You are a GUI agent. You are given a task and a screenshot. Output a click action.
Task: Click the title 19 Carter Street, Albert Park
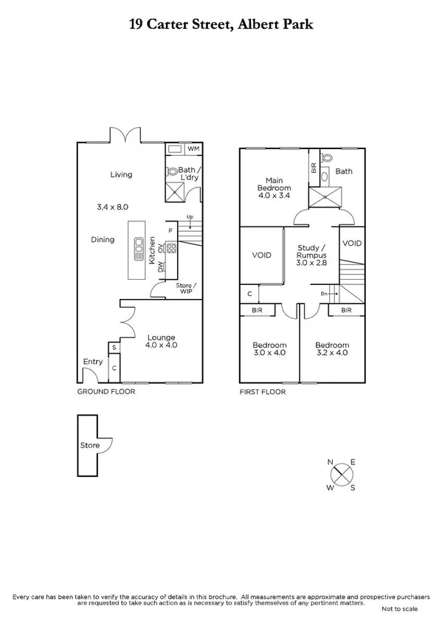[221, 25]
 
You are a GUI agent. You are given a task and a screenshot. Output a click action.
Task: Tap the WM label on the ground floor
[193, 149]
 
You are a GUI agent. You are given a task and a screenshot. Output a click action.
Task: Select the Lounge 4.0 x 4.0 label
[161, 341]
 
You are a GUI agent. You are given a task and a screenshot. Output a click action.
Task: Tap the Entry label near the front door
[93, 362]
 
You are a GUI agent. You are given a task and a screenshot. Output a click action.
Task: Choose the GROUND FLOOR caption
[106, 392]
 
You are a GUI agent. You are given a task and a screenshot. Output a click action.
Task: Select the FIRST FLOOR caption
[263, 392]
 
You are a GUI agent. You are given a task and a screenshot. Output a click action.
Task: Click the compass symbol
[341, 475]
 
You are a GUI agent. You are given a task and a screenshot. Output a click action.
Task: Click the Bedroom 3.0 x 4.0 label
[269, 348]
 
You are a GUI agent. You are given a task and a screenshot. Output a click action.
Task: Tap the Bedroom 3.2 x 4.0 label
[331, 348]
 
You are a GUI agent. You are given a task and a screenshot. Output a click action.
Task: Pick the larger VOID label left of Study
[261, 255]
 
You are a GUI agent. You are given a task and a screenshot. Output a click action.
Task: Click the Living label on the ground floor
[121, 175]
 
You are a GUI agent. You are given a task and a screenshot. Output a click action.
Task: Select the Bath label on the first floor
[344, 171]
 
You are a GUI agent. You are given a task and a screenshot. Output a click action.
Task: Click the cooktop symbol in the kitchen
[171, 248]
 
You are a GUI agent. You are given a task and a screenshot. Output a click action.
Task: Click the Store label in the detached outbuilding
[89, 446]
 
